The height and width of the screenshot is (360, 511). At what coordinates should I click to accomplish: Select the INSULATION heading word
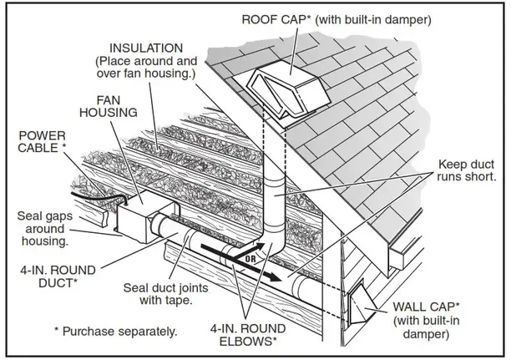pos(146,48)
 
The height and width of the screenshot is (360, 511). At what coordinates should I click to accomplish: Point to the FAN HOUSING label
pos(109,106)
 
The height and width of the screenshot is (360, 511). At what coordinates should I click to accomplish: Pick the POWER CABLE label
pos(42,142)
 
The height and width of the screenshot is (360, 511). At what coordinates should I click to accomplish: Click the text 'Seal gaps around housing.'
pos(44,229)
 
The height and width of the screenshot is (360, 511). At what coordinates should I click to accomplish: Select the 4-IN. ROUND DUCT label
pos(58,276)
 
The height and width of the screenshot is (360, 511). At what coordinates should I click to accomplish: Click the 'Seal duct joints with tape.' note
pos(165,294)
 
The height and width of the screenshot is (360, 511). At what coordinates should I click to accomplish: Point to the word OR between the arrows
pos(250,259)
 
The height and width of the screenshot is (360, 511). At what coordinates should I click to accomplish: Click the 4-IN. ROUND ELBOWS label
pos(248,335)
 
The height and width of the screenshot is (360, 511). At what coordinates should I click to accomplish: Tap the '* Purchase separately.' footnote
pos(116,332)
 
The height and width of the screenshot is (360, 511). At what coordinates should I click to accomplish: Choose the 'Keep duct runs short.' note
pos(467,170)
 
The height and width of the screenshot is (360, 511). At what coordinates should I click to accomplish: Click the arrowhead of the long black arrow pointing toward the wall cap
pos(275,276)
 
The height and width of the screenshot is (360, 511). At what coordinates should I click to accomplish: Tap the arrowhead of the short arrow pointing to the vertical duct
pos(261,246)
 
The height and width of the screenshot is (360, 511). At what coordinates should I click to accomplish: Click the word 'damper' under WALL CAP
pos(426,334)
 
